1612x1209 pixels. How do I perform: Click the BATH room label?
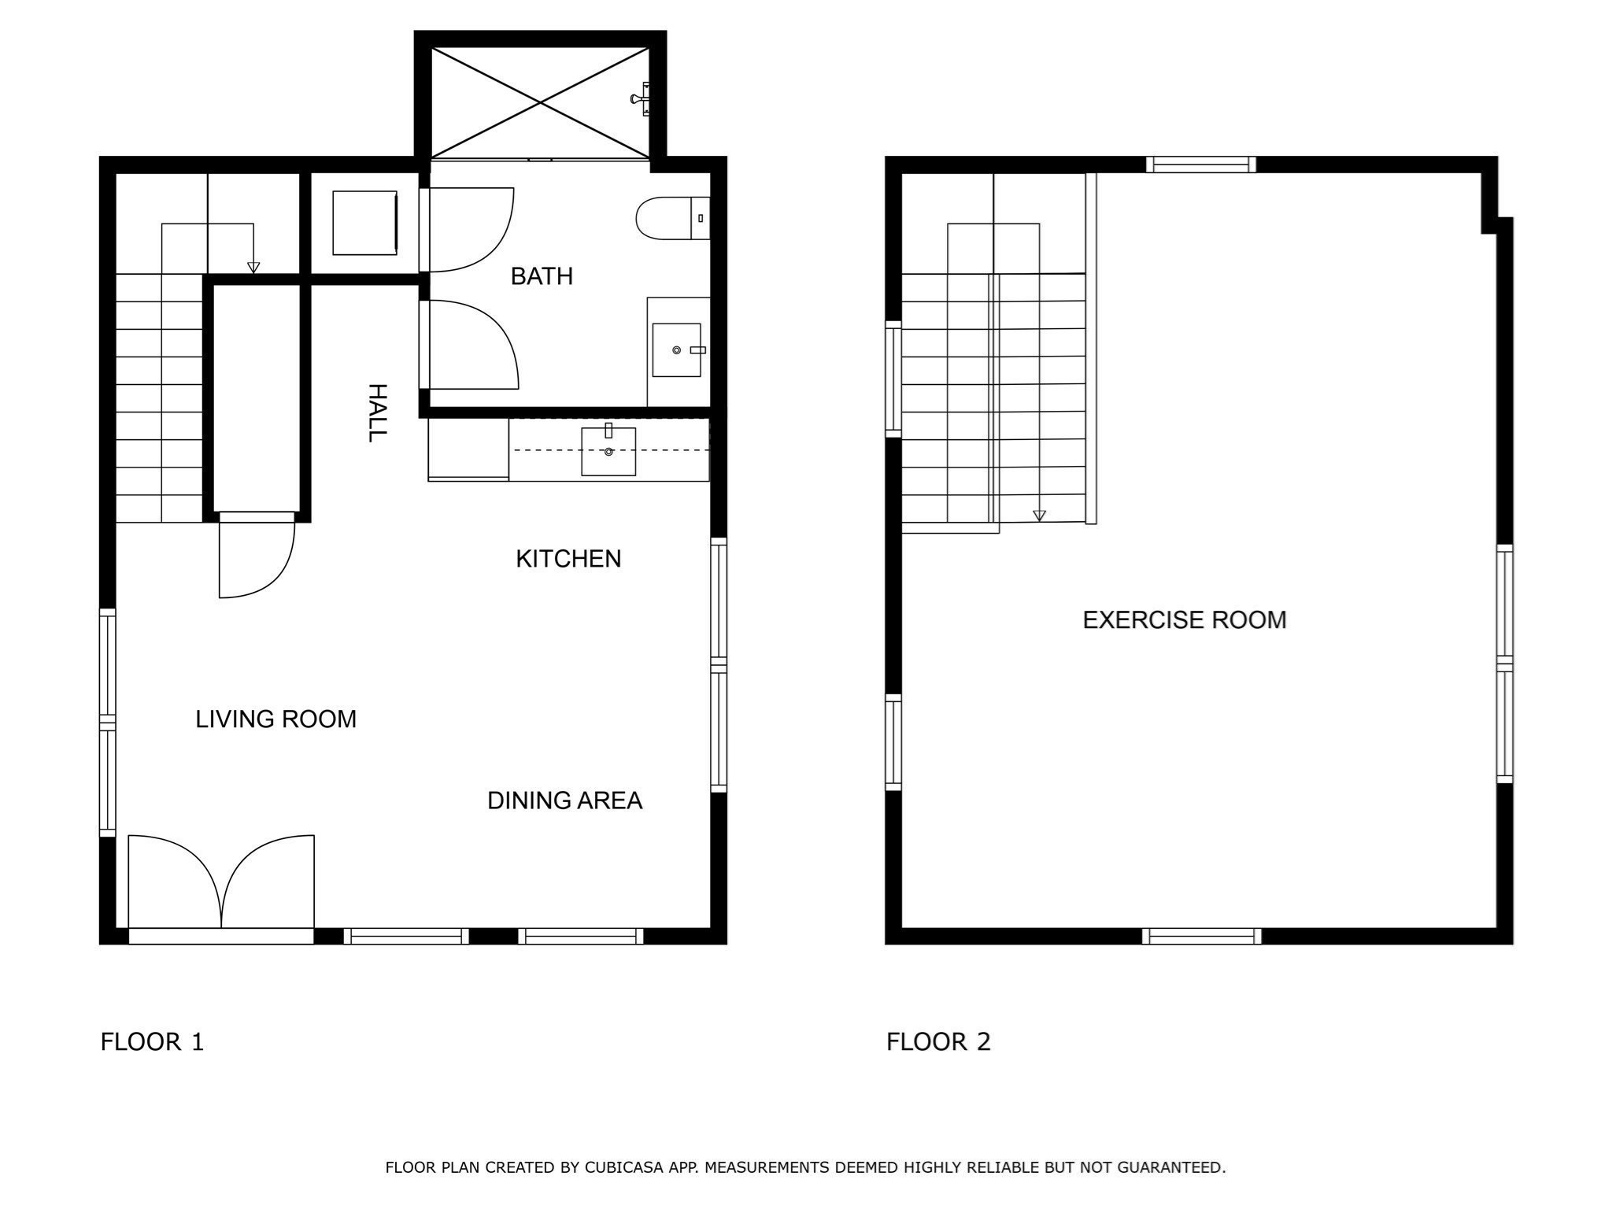[x=542, y=276]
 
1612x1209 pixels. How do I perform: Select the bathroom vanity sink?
[x=676, y=349]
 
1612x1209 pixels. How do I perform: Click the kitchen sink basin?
[x=608, y=451]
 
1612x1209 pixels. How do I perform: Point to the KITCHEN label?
[x=568, y=559]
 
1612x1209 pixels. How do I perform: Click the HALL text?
[x=378, y=413]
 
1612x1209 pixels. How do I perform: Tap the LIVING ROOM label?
[x=275, y=719]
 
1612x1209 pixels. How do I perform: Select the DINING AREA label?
[x=564, y=800]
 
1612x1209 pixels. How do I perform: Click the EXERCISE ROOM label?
[x=1184, y=620]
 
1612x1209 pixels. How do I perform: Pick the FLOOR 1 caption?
[x=152, y=1042]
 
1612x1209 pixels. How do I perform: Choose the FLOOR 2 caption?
[x=938, y=1042]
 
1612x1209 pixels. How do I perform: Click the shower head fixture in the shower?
[x=641, y=99]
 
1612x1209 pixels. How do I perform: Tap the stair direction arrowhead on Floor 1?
[x=253, y=268]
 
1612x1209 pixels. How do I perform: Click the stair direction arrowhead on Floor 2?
[x=1039, y=516]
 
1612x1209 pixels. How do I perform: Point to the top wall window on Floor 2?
[x=1200, y=165]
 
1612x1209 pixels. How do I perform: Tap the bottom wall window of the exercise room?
[x=1201, y=936]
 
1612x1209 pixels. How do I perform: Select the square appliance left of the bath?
[x=364, y=223]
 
